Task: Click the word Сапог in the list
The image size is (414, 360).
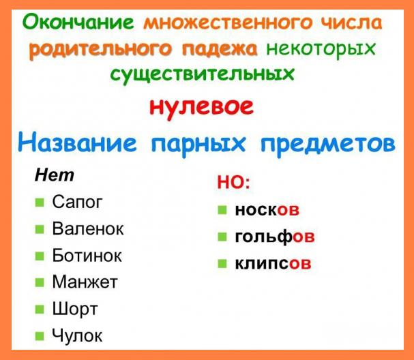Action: [77, 203]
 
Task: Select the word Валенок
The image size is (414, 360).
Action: [88, 229]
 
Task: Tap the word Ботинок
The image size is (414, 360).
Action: [87, 256]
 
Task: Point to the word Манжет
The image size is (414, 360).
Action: [85, 282]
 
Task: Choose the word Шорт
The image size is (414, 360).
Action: [75, 308]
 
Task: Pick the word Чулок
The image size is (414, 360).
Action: [77, 335]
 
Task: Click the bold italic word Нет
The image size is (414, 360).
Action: [54, 175]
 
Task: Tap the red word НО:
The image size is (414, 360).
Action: [233, 183]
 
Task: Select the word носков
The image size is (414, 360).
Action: [267, 210]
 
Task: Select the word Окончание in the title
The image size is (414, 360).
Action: [78, 22]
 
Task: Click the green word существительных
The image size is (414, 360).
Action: [207, 73]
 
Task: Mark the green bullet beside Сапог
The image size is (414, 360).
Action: [39, 203]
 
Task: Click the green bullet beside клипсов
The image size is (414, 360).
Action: [222, 263]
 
